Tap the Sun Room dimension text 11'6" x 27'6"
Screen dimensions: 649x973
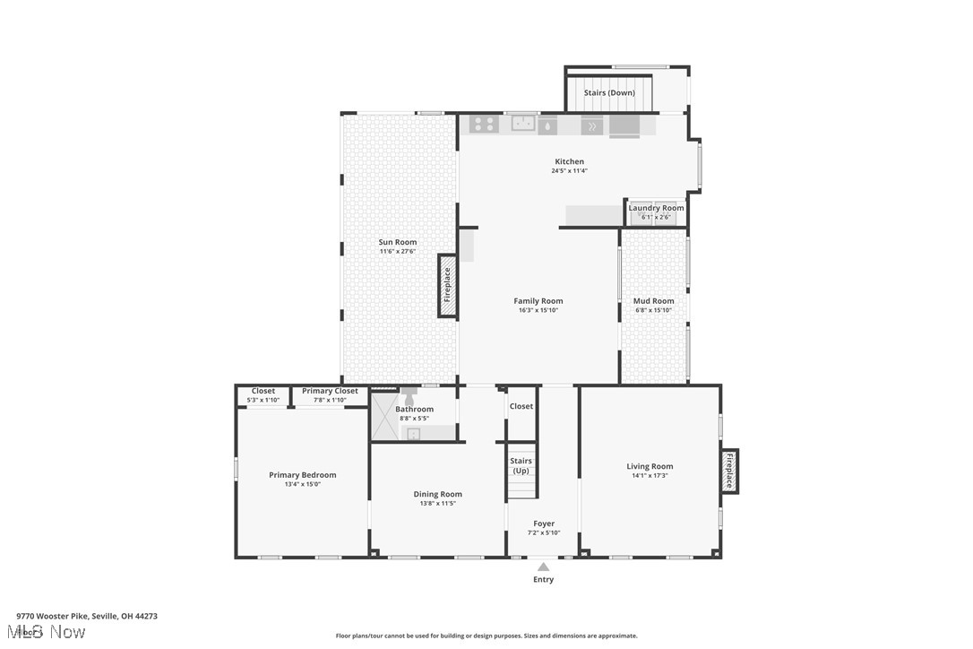[397, 251]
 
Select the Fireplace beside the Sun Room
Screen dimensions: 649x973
[447, 286]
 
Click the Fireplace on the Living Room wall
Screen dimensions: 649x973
[729, 471]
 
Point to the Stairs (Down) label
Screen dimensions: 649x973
[609, 92]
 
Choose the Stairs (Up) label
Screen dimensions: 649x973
[521, 465]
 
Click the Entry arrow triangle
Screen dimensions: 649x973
[543, 567]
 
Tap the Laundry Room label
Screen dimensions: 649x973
[656, 208]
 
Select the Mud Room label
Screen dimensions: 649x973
[653, 301]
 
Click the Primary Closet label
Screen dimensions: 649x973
[330, 391]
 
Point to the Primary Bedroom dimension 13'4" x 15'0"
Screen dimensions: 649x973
[303, 484]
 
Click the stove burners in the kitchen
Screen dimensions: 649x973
[485, 125]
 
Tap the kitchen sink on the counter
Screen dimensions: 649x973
[523, 124]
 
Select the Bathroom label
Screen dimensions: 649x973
[414, 410]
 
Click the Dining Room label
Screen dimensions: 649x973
[437, 494]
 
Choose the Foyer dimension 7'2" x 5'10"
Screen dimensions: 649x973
[544, 532]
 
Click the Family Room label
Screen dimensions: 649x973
[538, 301]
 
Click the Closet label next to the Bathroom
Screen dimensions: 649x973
[521, 406]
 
